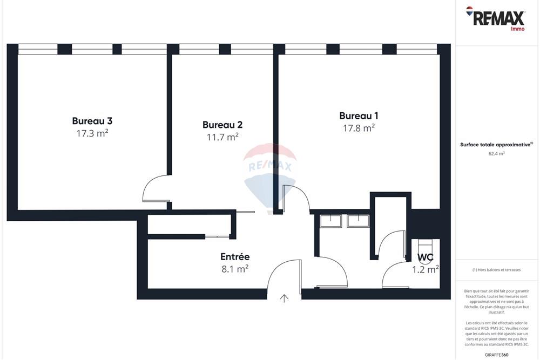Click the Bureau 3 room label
click(x=92, y=121)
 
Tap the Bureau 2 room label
click(x=222, y=125)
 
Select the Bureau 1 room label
click(x=359, y=116)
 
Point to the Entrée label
click(x=235, y=257)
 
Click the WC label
click(x=425, y=257)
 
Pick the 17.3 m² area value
click(x=92, y=133)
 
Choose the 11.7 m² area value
click(x=222, y=137)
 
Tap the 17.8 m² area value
click(x=359, y=128)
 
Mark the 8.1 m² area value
click(x=235, y=268)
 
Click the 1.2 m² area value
click(x=426, y=269)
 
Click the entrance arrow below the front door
click(x=285, y=298)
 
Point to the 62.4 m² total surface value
click(x=497, y=154)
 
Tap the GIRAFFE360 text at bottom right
click(x=497, y=355)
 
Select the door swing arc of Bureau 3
click(x=154, y=188)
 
